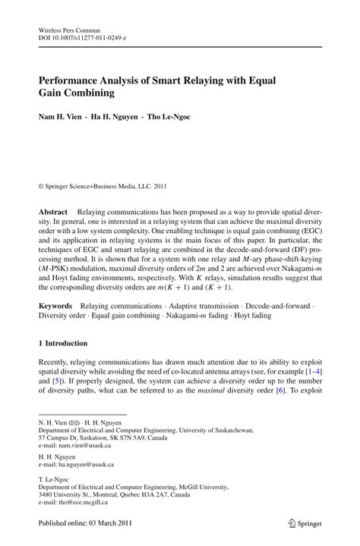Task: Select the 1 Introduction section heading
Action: click(x=66, y=342)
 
